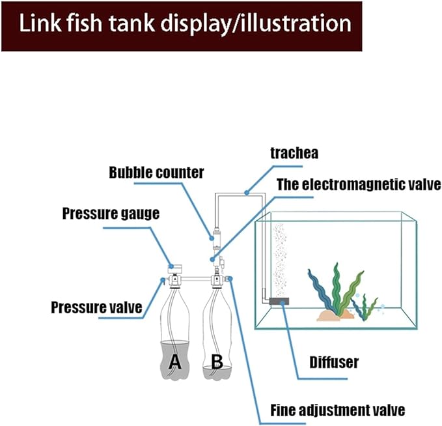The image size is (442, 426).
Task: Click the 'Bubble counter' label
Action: click(156, 173)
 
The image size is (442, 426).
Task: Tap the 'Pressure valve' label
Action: click(97, 306)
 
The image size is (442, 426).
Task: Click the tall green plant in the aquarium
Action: click(336, 287)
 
